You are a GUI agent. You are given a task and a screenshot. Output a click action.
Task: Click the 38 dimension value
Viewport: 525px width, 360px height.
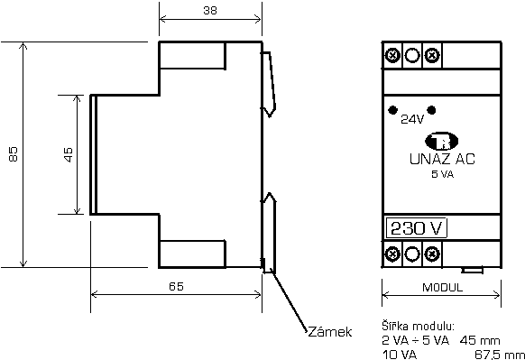210,11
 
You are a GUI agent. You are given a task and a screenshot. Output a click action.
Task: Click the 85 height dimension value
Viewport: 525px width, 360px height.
13,154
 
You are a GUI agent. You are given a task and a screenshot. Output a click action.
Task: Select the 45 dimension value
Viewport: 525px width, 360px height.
68,154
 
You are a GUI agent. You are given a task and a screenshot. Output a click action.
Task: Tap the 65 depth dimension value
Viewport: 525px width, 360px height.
176,286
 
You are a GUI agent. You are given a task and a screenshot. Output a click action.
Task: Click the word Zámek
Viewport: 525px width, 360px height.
330,332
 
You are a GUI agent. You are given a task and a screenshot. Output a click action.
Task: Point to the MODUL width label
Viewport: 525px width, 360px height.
442,288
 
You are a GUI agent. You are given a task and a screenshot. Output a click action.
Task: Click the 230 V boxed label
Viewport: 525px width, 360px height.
417,228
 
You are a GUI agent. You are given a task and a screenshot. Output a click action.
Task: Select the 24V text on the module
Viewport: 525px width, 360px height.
412,119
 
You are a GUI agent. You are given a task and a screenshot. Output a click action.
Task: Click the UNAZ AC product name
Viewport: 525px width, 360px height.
442,159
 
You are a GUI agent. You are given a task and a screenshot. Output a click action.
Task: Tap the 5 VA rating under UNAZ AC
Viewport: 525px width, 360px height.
442,174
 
